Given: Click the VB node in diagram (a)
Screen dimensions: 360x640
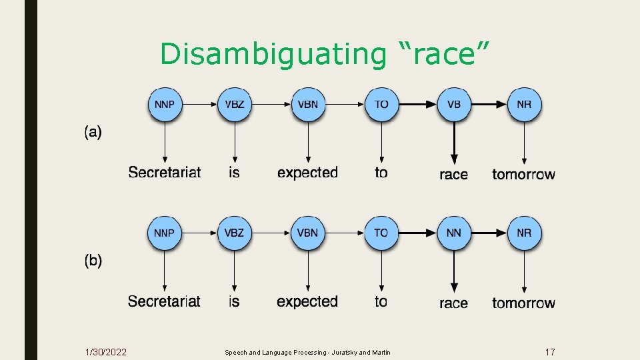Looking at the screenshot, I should (x=453, y=105).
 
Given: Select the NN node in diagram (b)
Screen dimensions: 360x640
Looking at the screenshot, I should (x=453, y=233).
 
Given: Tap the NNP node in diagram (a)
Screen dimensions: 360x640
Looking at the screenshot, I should (x=165, y=105).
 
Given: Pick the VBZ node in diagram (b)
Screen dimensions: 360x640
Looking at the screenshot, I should (x=235, y=233).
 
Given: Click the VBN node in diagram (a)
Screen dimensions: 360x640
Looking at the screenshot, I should (x=308, y=105).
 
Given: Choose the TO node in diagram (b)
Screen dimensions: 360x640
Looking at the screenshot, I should (x=381, y=233).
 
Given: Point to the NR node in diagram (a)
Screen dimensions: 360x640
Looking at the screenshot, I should (x=525, y=105).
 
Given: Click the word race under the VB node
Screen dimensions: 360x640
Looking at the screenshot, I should (x=453, y=175).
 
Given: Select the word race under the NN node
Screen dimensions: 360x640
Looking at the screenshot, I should (x=453, y=303).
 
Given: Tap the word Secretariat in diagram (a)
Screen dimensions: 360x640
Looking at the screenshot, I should (x=165, y=173).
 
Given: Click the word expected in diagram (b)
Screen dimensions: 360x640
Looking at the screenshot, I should (x=307, y=301).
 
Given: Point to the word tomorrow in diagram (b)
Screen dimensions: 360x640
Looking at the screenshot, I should (x=523, y=303).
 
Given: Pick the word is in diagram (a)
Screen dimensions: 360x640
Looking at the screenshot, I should (x=234, y=173).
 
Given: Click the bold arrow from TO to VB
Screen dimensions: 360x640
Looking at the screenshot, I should (x=417, y=105).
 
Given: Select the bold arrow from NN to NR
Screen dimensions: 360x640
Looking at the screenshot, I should (x=489, y=233).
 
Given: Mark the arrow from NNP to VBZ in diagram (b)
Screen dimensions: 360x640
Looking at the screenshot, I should (x=199, y=233).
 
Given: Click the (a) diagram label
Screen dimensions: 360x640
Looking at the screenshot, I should (x=93, y=132).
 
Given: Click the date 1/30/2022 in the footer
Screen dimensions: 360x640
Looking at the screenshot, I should (x=107, y=351).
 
